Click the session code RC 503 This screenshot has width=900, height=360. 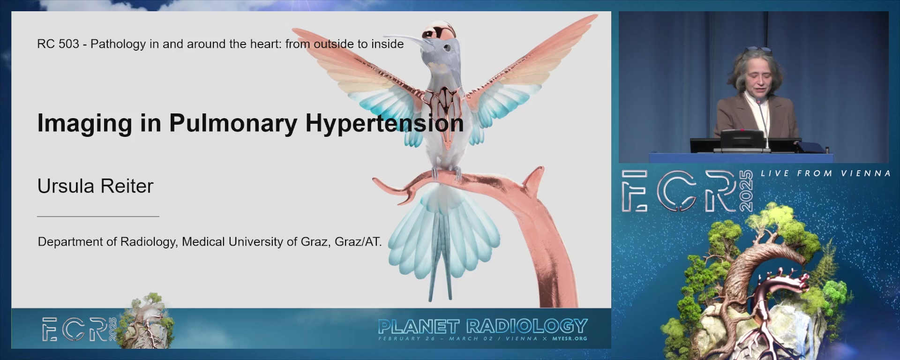[x=58, y=44]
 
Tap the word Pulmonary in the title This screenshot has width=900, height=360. [x=233, y=123]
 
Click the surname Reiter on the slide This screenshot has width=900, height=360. [x=127, y=186]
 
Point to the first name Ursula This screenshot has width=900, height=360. [x=66, y=186]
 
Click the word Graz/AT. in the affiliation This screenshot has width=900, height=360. [x=358, y=241]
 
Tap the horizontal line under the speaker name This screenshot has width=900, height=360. [x=98, y=217]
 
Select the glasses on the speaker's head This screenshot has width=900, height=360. [x=758, y=50]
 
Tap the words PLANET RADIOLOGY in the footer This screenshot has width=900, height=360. [x=483, y=326]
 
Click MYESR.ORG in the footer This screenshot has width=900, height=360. [x=570, y=338]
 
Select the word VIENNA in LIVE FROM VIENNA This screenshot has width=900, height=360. [x=866, y=173]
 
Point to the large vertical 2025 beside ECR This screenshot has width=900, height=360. [x=745, y=191]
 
